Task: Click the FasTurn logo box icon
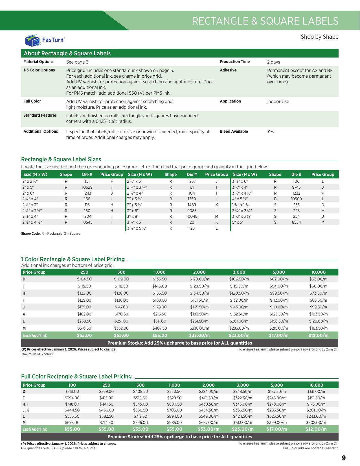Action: pyautogui.click(x=32, y=40)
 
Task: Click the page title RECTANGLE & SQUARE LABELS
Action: pyautogui.click(x=265, y=21)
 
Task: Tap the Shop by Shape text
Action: pyautogui.click(x=319, y=37)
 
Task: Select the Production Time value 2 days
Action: pyautogui.click(x=273, y=62)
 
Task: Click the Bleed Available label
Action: pyautogui.click(x=234, y=131)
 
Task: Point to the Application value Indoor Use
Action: pyautogui.click(x=278, y=101)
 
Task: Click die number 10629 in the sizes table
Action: pyautogui.click(x=87, y=187)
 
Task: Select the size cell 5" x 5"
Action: pyautogui.click(x=238, y=222)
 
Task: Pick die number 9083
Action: pyautogui.click(x=192, y=211)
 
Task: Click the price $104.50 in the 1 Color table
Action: pyautogui.click(x=84, y=279)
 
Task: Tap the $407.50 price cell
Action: pyautogui.click(x=160, y=328)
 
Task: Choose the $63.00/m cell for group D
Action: pyautogui.click(x=318, y=279)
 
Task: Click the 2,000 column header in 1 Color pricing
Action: pyautogui.click(x=199, y=272)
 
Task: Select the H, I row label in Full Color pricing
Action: pyautogui.click(x=25, y=404)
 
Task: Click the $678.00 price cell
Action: pyautogui.click(x=72, y=423)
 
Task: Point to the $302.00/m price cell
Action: pyautogui.click(x=316, y=423)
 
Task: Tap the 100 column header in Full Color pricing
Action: pyautogui.click(x=72, y=385)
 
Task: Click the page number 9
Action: pyautogui.click(x=343, y=458)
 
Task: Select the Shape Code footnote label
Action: pyautogui.click(x=31, y=234)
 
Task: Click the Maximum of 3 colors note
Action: pyautogui.click(x=37, y=354)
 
